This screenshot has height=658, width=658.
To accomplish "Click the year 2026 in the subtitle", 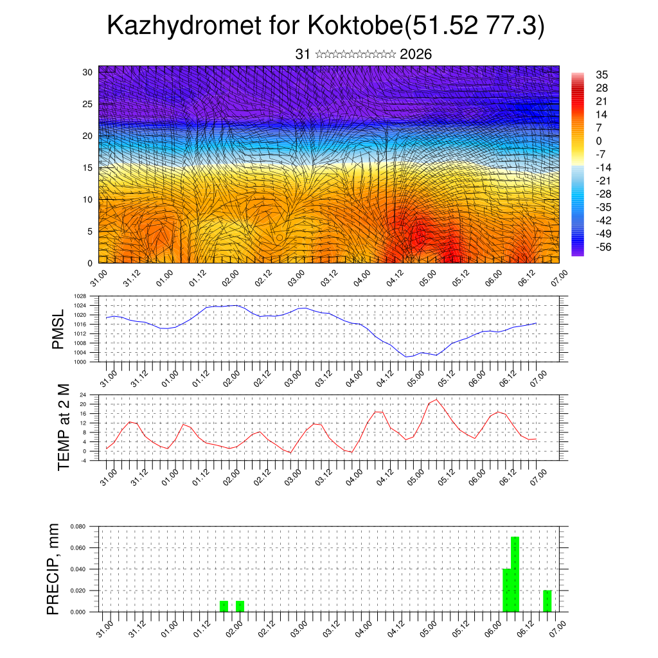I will pyautogui.click(x=416, y=55).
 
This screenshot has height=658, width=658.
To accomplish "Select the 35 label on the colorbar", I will pyautogui.click(x=602, y=75).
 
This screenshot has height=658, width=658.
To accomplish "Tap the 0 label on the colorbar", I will pyautogui.click(x=599, y=141).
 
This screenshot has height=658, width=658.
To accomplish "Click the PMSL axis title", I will pyautogui.click(x=58, y=330).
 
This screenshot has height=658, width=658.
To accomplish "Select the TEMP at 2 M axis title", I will pyautogui.click(x=64, y=427).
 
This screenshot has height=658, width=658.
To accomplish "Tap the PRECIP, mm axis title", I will pyautogui.click(x=53, y=569).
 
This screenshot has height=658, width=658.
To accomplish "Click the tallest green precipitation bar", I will pyautogui.click(x=515, y=574).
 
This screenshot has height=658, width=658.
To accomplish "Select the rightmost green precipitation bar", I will pyautogui.click(x=547, y=601).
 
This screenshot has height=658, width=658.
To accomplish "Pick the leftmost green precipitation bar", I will pyautogui.click(x=224, y=606).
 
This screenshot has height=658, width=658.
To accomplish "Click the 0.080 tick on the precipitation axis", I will pyautogui.click(x=78, y=526).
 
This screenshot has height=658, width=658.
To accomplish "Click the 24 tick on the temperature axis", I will pyautogui.click(x=83, y=395).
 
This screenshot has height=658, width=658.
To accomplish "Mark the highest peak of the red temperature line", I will pyautogui.click(x=437, y=400).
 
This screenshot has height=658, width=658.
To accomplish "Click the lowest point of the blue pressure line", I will pyautogui.click(x=407, y=357).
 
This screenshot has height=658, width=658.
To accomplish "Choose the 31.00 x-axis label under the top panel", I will pyautogui.click(x=98, y=280).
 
